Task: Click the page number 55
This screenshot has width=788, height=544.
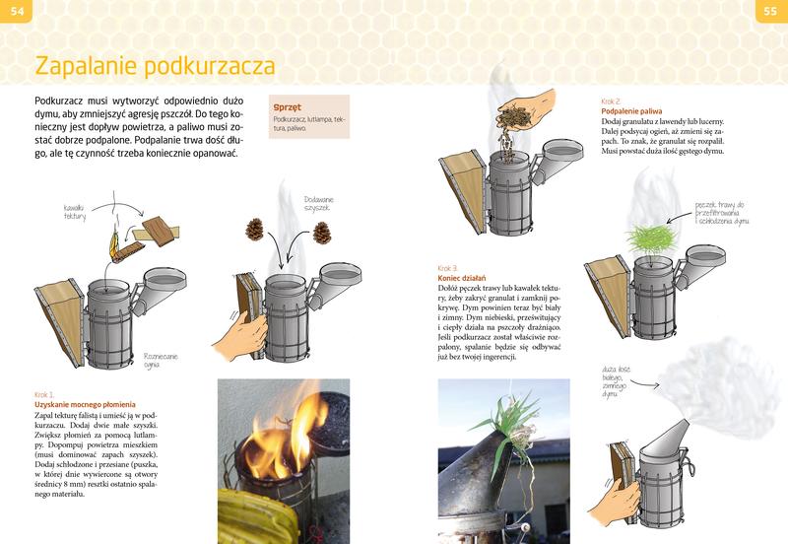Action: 771,11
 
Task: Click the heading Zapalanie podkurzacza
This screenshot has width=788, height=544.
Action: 155,66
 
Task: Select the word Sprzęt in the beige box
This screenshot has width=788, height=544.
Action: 289,107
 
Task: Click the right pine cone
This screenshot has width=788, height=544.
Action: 321,233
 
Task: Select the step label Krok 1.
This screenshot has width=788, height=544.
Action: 45,393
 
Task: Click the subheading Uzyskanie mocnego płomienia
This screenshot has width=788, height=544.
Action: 85,404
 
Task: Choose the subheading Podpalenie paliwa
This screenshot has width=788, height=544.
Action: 630,111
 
